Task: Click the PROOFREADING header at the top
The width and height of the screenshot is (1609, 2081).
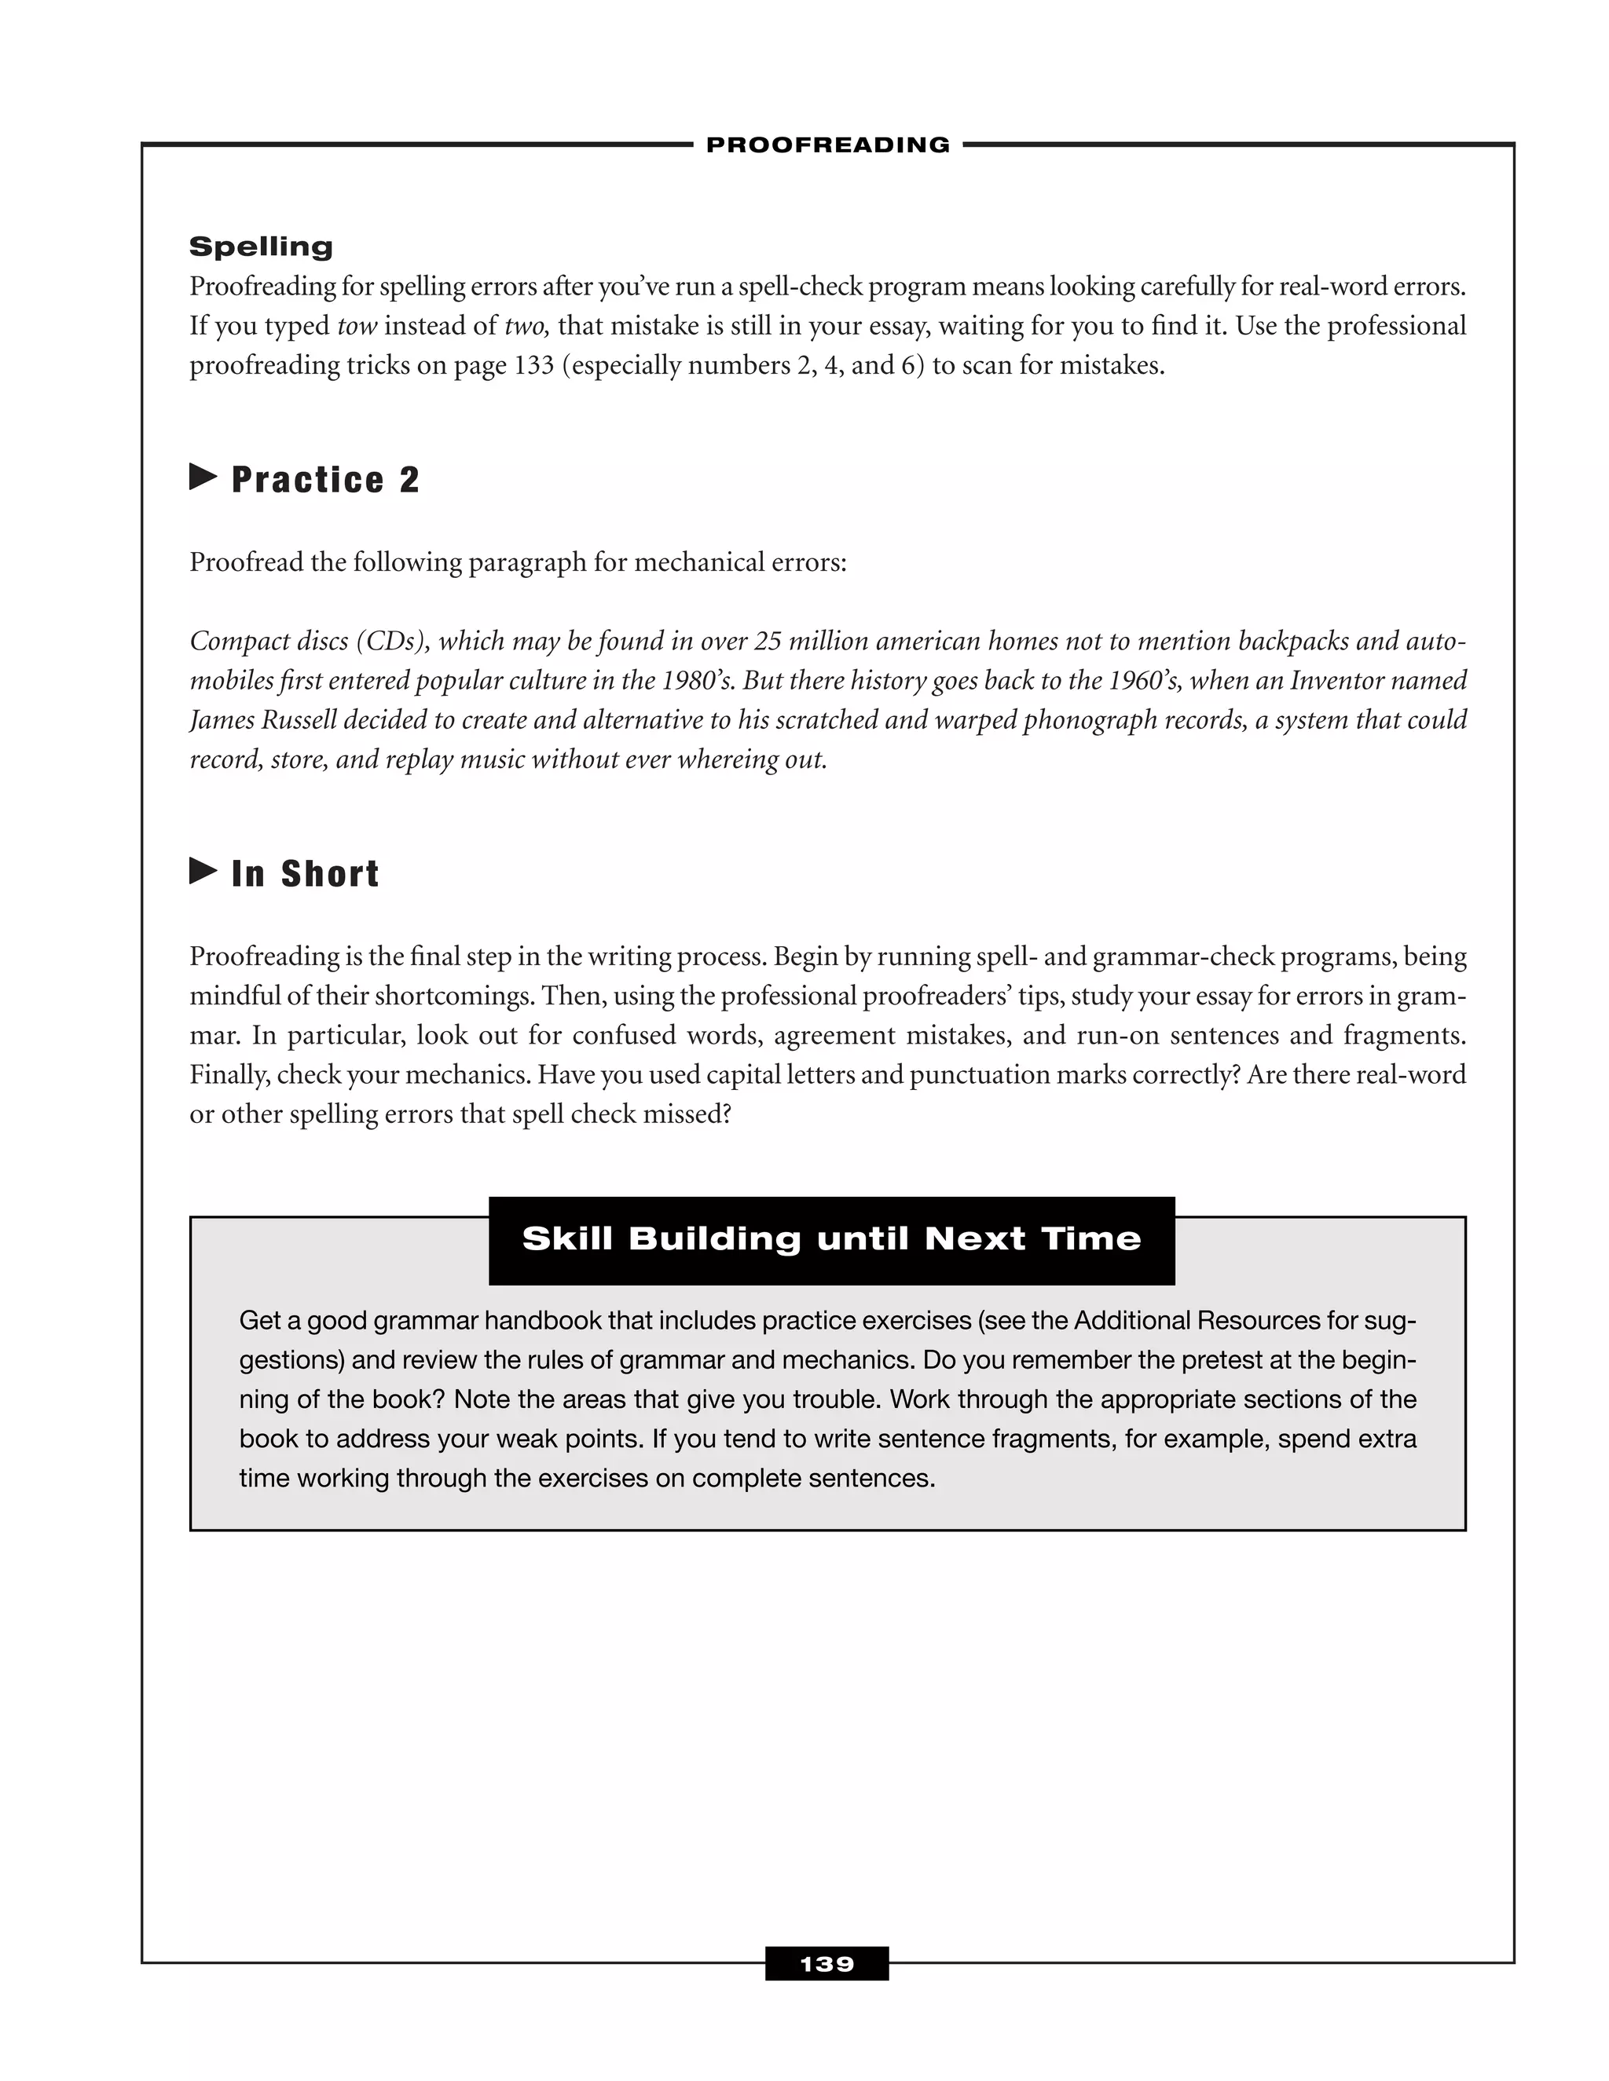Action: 827,144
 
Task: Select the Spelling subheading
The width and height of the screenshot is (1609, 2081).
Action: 261,247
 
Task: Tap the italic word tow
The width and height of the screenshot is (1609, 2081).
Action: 357,327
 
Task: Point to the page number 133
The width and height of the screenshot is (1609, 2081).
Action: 533,366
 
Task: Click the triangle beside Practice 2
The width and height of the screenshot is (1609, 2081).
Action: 203,477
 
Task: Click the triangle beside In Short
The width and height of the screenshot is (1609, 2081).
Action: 203,870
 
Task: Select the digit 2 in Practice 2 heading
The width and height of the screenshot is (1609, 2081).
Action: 409,479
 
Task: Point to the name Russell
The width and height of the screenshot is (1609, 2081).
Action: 299,720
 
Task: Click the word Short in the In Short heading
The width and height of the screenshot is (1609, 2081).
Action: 330,874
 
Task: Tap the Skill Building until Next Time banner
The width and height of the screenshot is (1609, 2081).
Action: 831,1238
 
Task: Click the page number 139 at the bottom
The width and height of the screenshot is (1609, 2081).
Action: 826,1965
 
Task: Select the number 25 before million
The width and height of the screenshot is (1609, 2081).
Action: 768,642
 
